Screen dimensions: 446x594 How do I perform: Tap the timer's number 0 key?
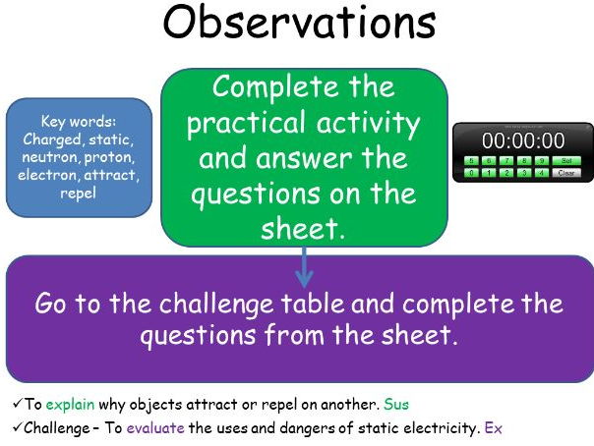click(471, 172)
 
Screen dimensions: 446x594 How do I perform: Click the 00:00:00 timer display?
click(522, 140)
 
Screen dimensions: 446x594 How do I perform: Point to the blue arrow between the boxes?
click(303, 264)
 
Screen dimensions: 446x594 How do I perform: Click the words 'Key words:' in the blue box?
click(79, 122)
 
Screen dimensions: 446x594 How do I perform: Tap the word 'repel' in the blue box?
click(79, 193)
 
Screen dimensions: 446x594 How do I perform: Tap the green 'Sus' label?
click(397, 404)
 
